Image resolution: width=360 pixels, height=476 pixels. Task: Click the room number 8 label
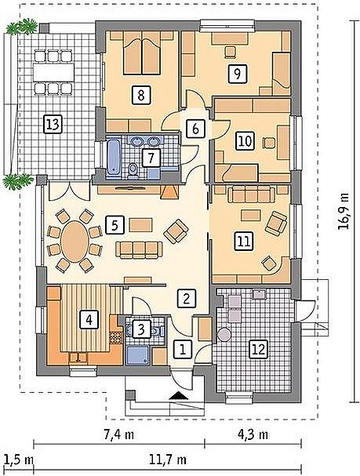pyautogui.click(x=141, y=96)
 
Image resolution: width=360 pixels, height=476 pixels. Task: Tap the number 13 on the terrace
pyautogui.click(x=53, y=124)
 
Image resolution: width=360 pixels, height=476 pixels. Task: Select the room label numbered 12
pyautogui.click(x=258, y=349)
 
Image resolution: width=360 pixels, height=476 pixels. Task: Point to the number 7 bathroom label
pyautogui.click(x=151, y=158)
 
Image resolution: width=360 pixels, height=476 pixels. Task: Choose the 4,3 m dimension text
pyautogui.click(x=253, y=434)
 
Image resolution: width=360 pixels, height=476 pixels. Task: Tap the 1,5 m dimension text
pyautogui.click(x=19, y=460)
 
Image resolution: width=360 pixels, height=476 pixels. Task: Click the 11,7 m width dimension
pyautogui.click(x=168, y=460)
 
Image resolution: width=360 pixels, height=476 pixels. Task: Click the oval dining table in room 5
pyautogui.click(x=75, y=241)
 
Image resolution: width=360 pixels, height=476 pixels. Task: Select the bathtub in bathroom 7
pyautogui.click(x=114, y=158)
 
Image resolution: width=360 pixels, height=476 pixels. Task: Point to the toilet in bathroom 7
pyautogui.click(x=133, y=169)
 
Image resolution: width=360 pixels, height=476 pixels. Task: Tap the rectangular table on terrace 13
pyautogui.click(x=54, y=72)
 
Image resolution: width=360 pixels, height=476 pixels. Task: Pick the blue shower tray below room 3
pyautogui.click(x=138, y=355)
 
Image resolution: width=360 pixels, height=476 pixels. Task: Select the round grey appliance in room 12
pyautogui.click(x=224, y=335)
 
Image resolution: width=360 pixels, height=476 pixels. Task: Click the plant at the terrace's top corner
pyautogui.click(x=22, y=26)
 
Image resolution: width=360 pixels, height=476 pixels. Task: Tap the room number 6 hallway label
pyautogui.click(x=196, y=129)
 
